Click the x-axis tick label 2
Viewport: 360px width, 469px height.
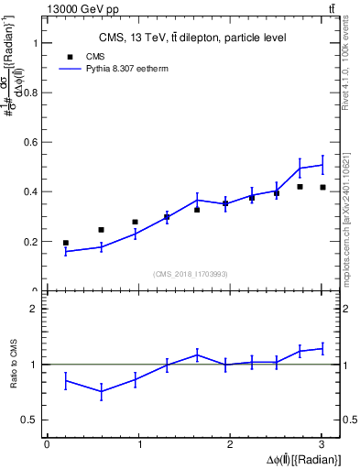tap(230, 444)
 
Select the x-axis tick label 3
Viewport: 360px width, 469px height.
tap(322, 444)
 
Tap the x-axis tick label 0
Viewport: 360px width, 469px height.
tap(47, 444)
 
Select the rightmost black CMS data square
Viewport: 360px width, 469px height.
tap(322, 187)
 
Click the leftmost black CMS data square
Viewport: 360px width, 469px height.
tap(65, 243)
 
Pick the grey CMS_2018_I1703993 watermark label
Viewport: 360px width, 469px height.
tap(191, 273)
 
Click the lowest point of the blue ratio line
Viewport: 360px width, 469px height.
tap(101, 391)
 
